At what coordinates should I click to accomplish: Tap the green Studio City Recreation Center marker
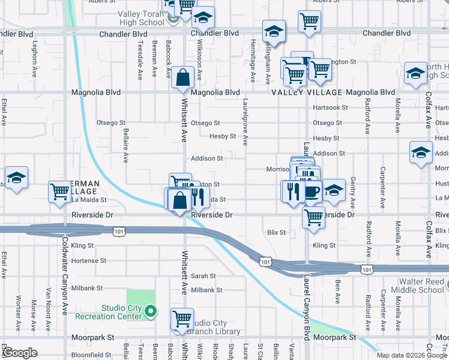(151, 311)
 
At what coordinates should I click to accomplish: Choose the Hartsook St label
(330, 107)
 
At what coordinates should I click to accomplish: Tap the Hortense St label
(88, 261)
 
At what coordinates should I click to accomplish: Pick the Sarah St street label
(203, 276)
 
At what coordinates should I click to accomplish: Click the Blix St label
(276, 232)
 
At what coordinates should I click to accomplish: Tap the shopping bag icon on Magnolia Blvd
(182, 77)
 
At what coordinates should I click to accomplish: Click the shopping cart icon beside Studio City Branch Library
(182, 319)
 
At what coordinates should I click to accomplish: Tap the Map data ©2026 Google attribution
(411, 355)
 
